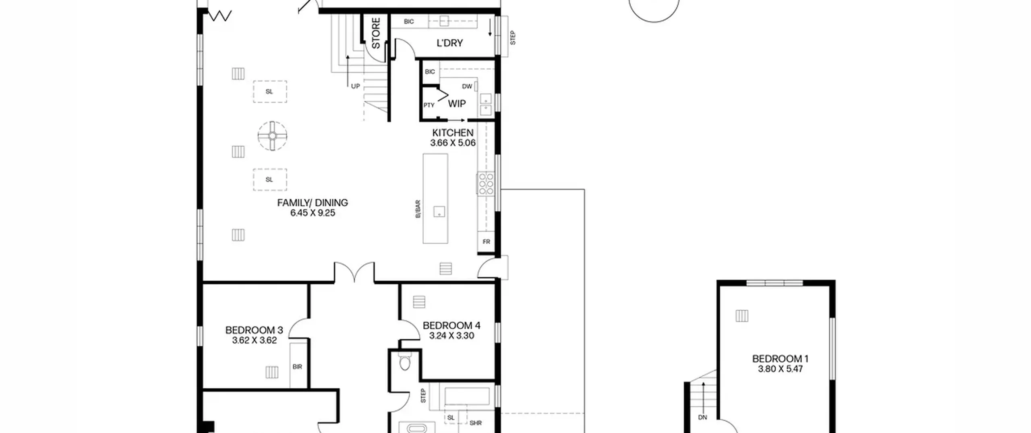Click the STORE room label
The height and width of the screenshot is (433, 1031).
(x=375, y=33)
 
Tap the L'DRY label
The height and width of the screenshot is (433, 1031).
(x=449, y=43)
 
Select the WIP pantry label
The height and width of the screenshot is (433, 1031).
(x=457, y=104)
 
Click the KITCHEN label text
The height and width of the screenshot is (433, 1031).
(x=453, y=133)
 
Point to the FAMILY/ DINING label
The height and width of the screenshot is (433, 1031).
(x=313, y=203)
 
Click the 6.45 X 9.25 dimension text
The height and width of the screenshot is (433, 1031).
(x=313, y=213)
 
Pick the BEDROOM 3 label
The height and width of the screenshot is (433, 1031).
(x=254, y=330)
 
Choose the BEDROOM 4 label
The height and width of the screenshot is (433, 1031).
(x=451, y=325)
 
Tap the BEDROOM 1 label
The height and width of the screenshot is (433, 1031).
(x=780, y=358)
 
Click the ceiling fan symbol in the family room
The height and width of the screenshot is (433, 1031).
(x=273, y=136)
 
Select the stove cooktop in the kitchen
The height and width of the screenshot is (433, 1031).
(x=486, y=183)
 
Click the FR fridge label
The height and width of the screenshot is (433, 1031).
(x=487, y=242)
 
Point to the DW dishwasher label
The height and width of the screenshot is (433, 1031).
(x=467, y=86)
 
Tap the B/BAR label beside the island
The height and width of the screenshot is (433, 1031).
(x=418, y=209)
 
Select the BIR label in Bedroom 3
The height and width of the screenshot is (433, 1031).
(x=297, y=367)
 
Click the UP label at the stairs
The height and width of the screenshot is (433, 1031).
(x=355, y=86)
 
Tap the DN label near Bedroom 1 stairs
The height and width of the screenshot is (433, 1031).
(x=702, y=417)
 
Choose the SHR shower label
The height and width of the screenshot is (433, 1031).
(x=476, y=423)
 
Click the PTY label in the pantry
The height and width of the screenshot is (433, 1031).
(x=429, y=105)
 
